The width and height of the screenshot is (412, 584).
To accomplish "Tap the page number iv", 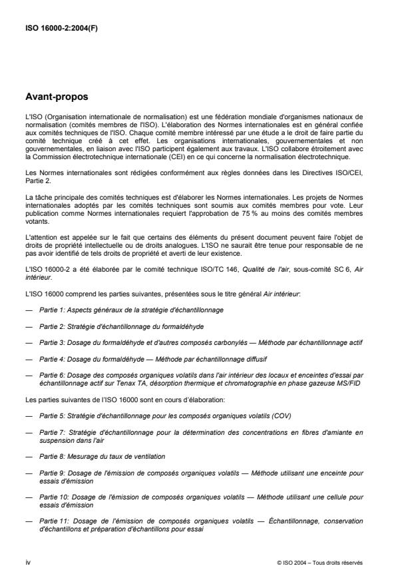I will [27, 563].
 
